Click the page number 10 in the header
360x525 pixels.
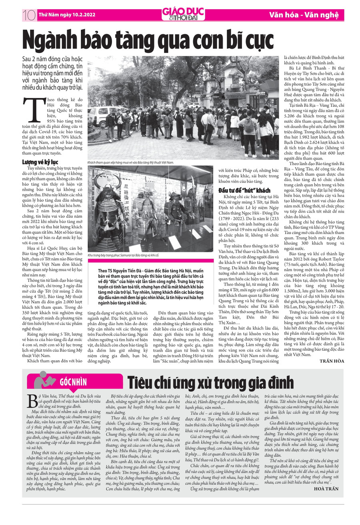pyautogui.click(x=29, y=15)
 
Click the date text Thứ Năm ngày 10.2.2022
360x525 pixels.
pyautogui.click(x=67, y=15)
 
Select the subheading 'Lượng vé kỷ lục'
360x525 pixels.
pyautogui.click(x=40, y=162)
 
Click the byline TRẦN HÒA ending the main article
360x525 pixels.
pyautogui.click(x=332, y=361)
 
